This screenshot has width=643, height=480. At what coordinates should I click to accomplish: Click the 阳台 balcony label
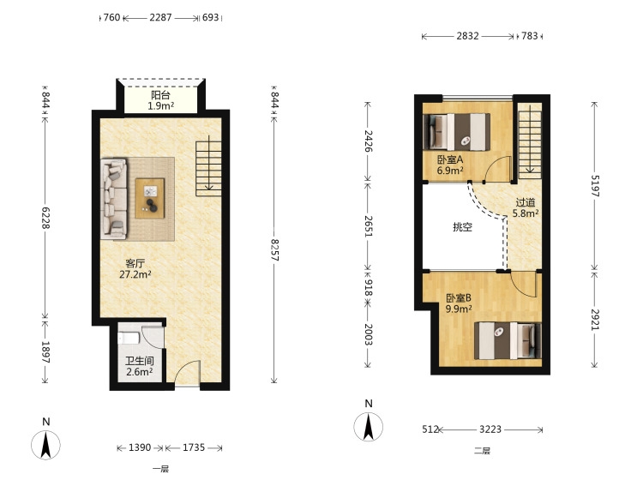click(160, 95)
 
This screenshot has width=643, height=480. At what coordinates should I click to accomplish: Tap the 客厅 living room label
click(135, 263)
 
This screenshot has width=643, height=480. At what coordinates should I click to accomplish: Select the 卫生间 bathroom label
click(140, 361)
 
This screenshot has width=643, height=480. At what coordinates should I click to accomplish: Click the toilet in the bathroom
click(129, 338)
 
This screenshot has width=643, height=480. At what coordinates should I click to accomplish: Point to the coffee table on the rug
click(150, 198)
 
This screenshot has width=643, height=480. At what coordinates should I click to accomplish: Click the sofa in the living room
click(114, 199)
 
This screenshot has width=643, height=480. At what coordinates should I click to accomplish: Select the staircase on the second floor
click(530, 141)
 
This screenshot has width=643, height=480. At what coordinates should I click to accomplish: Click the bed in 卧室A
click(456, 132)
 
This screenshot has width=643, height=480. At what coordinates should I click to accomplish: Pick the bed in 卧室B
click(508, 340)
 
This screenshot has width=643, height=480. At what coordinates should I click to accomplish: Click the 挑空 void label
click(463, 226)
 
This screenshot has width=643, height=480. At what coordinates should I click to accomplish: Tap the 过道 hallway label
click(526, 202)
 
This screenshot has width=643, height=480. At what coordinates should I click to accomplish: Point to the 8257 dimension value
click(274, 250)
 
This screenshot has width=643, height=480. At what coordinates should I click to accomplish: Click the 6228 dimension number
click(45, 218)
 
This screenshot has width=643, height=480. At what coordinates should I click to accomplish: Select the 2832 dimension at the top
click(467, 36)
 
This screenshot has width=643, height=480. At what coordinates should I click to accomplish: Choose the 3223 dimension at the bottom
click(490, 429)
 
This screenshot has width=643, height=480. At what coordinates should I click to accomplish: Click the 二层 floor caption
click(482, 452)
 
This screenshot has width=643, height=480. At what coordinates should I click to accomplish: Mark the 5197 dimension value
click(595, 186)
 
